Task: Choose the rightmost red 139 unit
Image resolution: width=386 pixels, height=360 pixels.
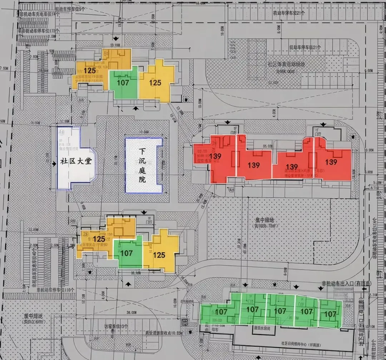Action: [331, 162]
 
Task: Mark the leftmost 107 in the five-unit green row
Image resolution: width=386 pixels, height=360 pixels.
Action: [222, 312]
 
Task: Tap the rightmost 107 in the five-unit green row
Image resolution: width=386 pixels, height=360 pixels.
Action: [330, 314]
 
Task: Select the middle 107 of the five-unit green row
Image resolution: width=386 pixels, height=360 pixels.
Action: [280, 311]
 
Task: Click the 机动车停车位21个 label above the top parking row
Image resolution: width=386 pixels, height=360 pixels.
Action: [289, 13]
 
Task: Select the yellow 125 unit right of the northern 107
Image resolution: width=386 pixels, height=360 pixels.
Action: [155, 83]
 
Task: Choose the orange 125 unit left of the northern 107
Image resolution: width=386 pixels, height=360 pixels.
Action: [90, 70]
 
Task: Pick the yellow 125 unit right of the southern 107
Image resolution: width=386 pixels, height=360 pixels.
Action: [159, 255]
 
